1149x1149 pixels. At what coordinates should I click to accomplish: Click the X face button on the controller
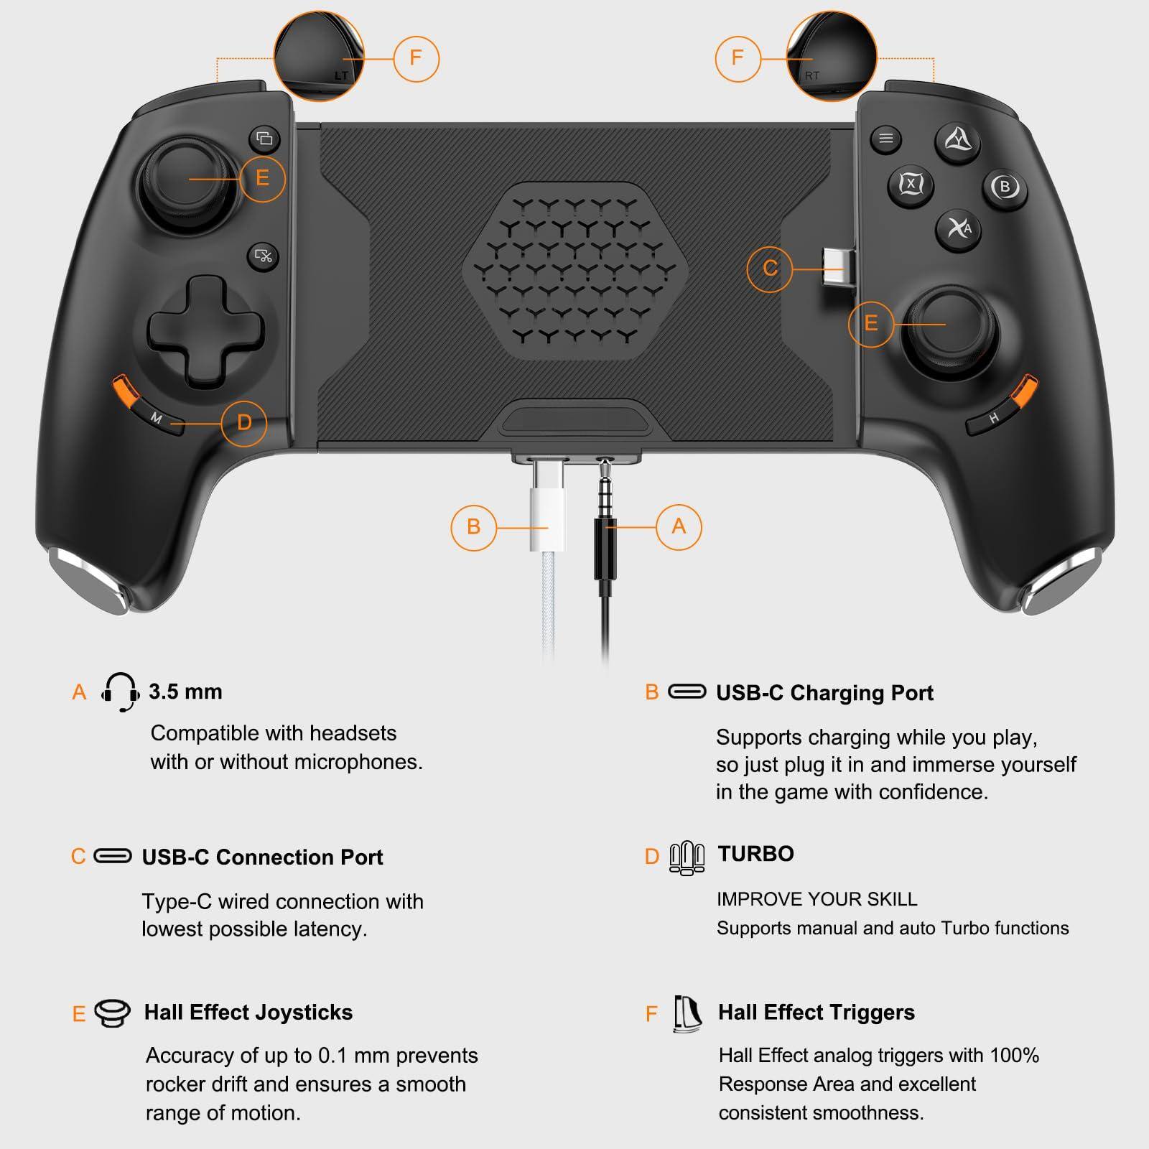911,185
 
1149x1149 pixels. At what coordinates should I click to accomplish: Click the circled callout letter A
679,526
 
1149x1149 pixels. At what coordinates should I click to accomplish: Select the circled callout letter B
473,527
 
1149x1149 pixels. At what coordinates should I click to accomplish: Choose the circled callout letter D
244,422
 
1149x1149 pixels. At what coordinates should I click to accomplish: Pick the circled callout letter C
770,268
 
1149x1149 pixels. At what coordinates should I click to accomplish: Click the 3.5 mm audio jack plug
605,531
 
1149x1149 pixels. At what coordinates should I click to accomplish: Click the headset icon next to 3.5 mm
120,692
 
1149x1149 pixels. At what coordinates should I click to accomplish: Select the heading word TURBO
755,854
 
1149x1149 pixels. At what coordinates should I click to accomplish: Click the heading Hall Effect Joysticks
248,1013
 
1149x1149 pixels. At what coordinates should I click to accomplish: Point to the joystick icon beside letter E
113,1013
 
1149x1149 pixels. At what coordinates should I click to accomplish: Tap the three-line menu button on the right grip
886,139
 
